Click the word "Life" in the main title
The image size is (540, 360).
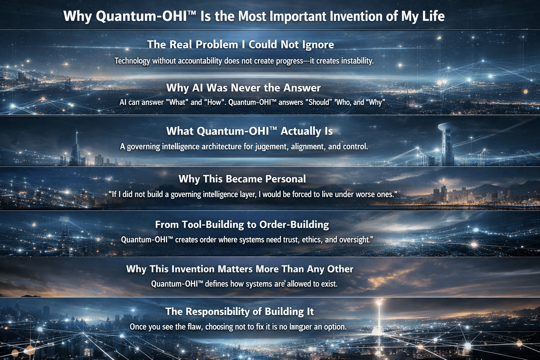coord(433,16)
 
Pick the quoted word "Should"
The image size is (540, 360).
coord(320,102)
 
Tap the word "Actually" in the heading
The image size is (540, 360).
coord(301,131)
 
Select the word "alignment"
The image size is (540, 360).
coord(308,146)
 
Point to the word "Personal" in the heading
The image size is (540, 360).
coord(285,179)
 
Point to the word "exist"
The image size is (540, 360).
coord(329,284)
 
